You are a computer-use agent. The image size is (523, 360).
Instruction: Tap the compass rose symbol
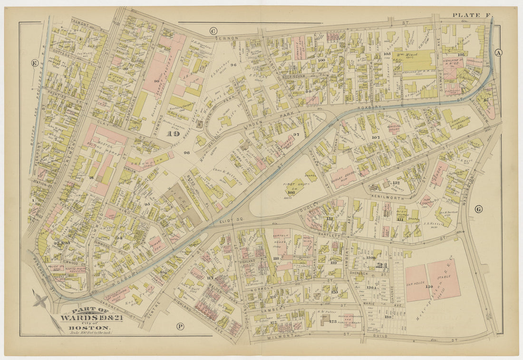click(x=40, y=301)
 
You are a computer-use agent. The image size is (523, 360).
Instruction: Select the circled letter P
click(x=180, y=326)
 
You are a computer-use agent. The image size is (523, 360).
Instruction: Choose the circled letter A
click(x=498, y=52)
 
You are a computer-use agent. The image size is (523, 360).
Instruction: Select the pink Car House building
click(x=417, y=282)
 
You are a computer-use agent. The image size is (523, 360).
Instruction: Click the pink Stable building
click(x=445, y=278)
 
